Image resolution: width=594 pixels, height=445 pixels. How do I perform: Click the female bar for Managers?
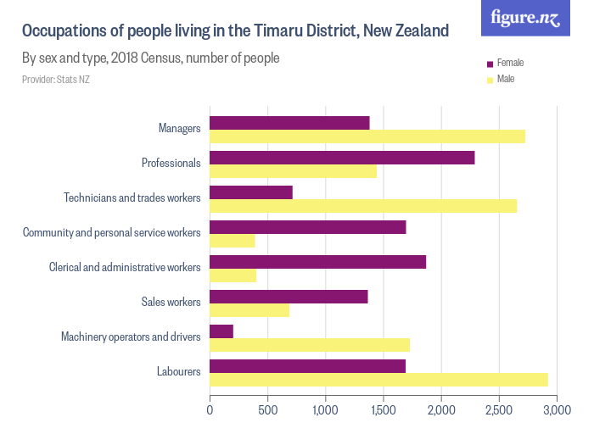[x=289, y=123]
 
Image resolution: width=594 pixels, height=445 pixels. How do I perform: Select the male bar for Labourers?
[x=378, y=380]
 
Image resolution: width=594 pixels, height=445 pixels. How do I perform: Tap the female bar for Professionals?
[x=342, y=158]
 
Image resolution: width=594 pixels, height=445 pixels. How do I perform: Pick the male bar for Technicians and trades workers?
[x=363, y=206]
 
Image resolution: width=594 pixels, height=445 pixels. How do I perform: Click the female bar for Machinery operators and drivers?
[x=221, y=331]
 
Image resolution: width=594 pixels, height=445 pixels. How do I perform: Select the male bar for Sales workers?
[x=249, y=310]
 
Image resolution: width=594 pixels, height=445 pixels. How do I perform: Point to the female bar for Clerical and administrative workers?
[x=317, y=262]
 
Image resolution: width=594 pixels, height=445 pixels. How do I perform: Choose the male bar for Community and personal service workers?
[x=233, y=241]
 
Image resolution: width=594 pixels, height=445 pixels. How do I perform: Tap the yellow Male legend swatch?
[x=489, y=80]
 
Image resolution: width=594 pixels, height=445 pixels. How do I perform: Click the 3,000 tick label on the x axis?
[x=557, y=410]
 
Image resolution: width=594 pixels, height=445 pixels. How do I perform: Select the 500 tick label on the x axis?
[x=268, y=410]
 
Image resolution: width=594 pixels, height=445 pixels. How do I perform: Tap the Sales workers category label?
[x=171, y=302]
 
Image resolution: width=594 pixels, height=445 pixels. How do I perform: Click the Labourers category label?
[x=178, y=371]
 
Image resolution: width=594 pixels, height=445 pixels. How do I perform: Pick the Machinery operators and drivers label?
[x=131, y=337]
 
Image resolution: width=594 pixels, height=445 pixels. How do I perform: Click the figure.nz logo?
[x=525, y=18]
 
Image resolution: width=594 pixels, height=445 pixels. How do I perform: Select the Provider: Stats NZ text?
[x=56, y=80]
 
